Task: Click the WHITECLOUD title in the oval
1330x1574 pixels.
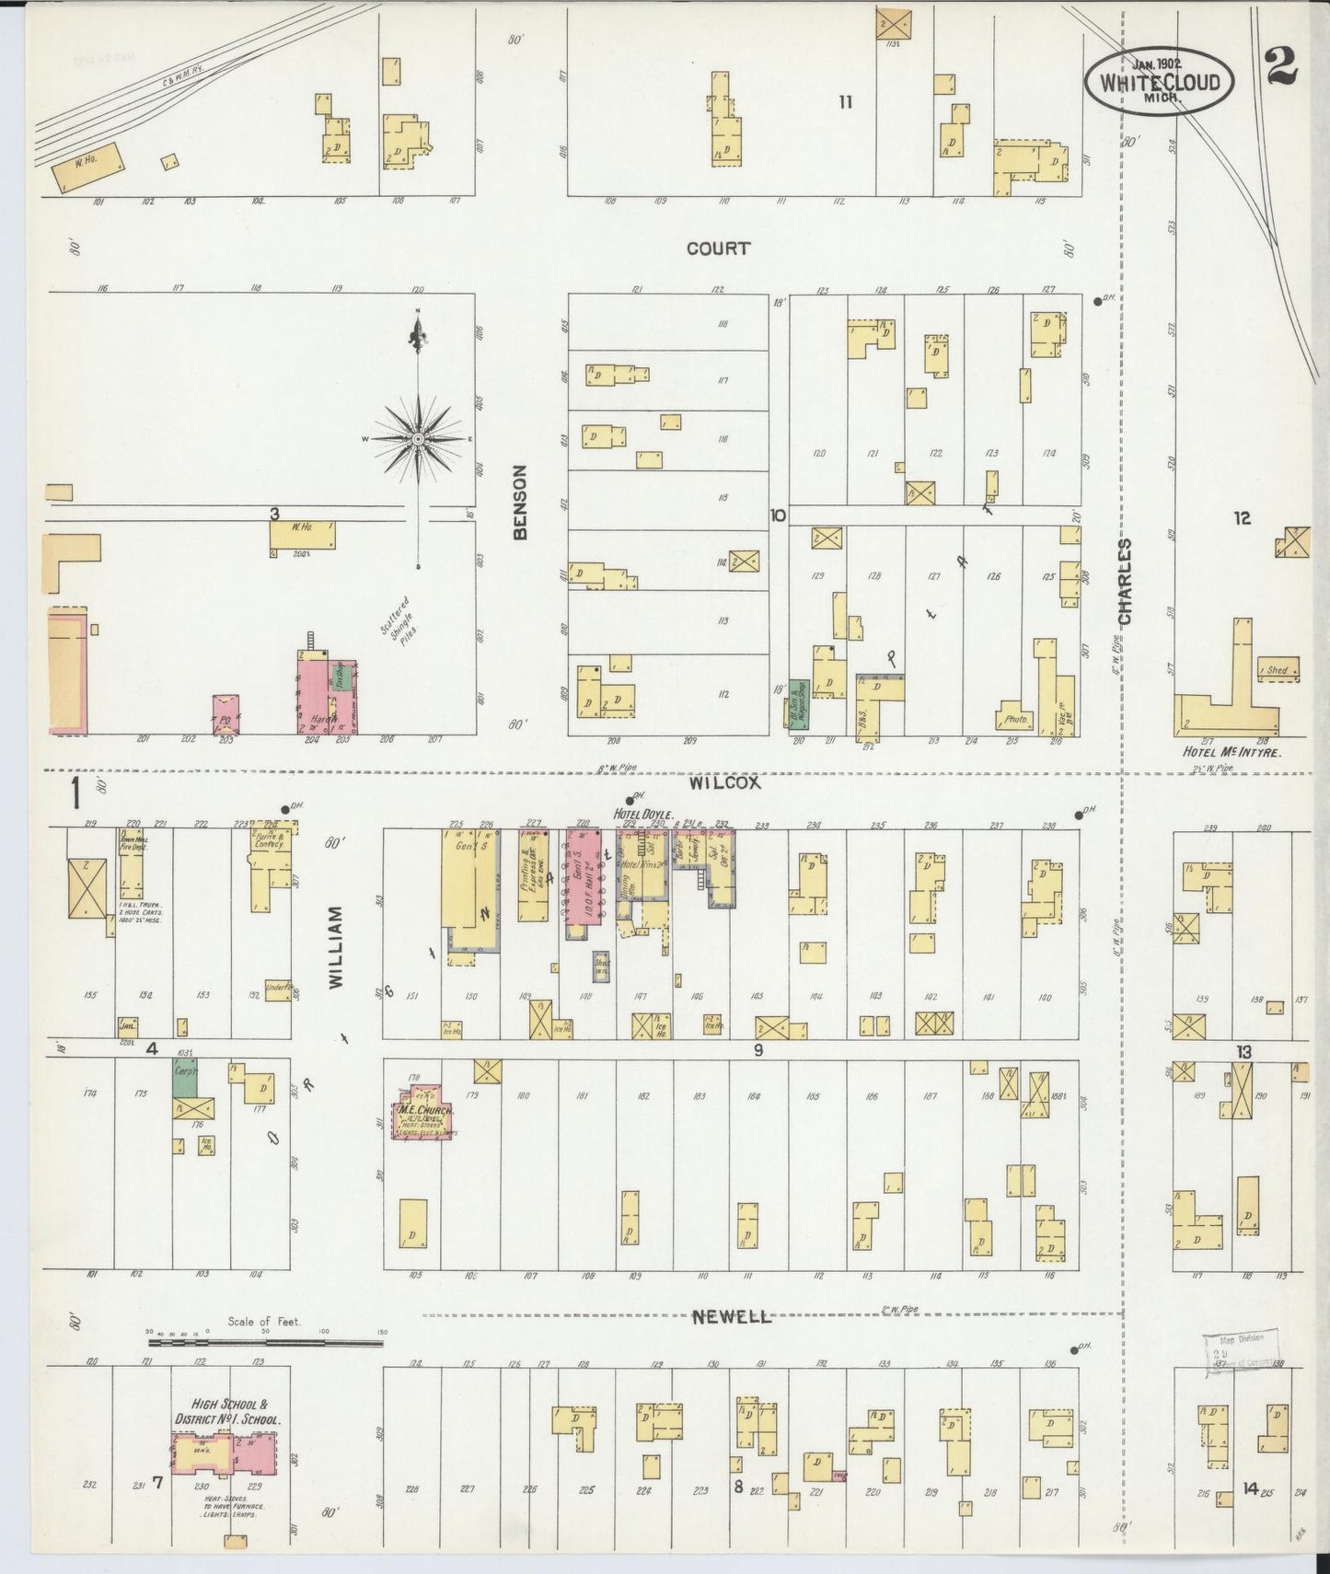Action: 1158,82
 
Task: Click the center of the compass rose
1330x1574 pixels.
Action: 419,440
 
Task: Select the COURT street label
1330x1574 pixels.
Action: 718,249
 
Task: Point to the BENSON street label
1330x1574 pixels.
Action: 520,502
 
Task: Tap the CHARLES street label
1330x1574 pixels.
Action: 1124,582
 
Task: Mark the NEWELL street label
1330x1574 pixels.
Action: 732,1317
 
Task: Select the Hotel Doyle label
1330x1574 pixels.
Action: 649,814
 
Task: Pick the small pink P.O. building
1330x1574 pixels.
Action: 226,713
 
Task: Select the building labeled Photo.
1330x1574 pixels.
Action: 1016,717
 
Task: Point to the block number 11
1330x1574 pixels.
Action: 844,102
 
